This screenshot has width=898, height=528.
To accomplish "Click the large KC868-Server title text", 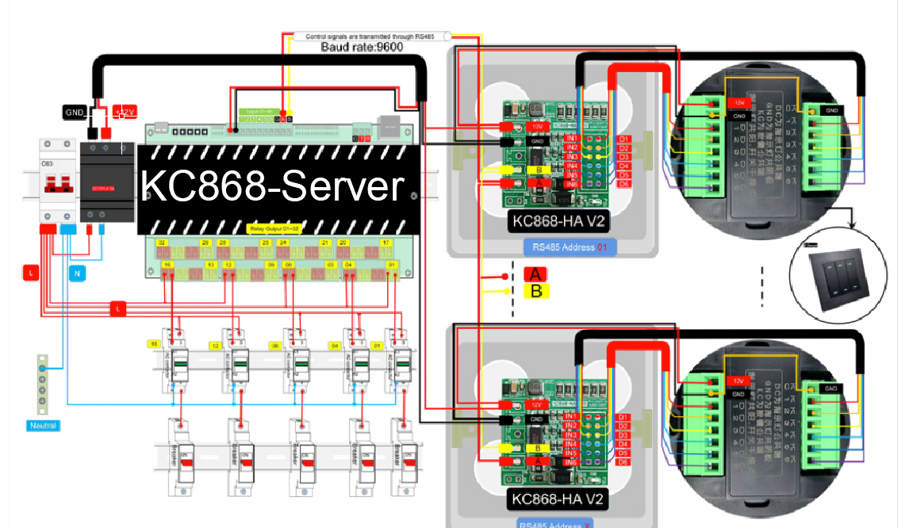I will (x=272, y=187).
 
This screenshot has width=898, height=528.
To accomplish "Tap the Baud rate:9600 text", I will (x=362, y=47).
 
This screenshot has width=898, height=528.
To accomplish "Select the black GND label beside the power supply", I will (x=75, y=112).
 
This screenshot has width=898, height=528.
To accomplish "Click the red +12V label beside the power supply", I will (x=125, y=112).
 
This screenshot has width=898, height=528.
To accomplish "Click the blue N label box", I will (x=77, y=273).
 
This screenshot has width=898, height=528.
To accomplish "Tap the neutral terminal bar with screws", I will (x=42, y=385).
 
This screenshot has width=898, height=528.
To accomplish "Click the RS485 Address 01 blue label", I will (x=570, y=247).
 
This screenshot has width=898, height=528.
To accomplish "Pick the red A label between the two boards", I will (x=535, y=274).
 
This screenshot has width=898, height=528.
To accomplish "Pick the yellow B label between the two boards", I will (x=535, y=291).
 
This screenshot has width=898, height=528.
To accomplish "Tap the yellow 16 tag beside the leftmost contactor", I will (x=155, y=344).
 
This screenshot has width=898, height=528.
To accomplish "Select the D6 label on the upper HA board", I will (x=624, y=184).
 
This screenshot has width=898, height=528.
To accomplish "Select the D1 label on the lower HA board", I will (x=623, y=417).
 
